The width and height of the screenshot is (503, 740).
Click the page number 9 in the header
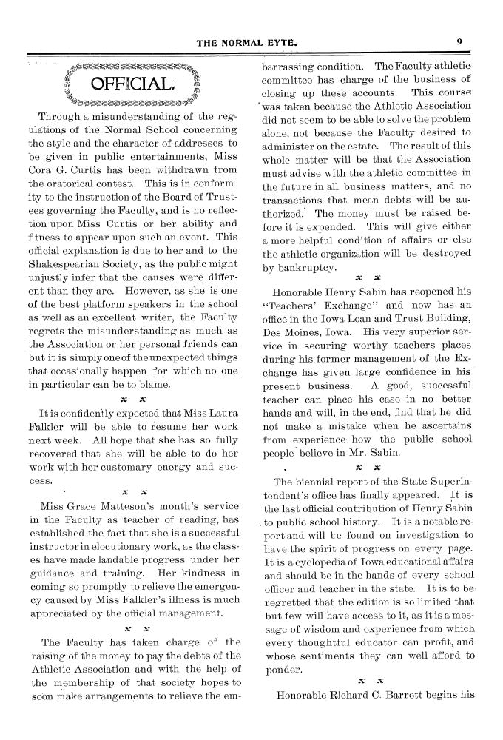pyautogui.click(x=459, y=43)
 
